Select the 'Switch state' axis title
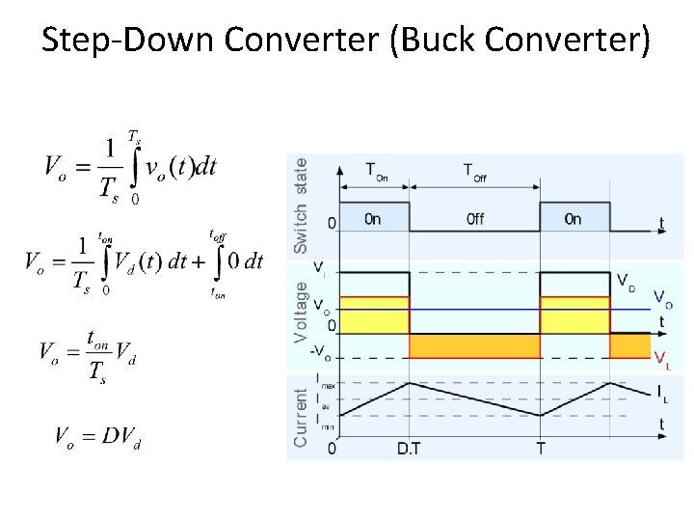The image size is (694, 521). tap(301, 205)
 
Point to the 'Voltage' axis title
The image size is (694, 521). tap(301, 311)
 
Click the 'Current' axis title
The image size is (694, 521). tap(301, 417)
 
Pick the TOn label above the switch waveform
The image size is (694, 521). tap(377, 172)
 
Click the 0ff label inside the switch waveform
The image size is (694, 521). tap(474, 219)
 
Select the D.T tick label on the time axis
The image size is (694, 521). tap(409, 450)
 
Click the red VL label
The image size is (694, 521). tap(662, 360)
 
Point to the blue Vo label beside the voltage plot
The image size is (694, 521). tap(662, 299)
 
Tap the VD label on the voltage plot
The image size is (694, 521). tap(626, 281)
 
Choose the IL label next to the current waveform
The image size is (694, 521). tap(662, 393)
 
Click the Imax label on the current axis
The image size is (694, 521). tap(326, 382)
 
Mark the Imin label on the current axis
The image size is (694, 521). tap(325, 424)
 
